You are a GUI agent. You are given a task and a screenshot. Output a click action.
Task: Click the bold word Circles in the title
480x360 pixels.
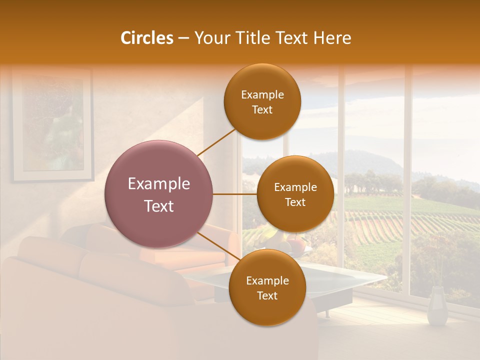coord(147,38)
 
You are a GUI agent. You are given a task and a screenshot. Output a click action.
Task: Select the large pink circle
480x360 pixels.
coord(159,194)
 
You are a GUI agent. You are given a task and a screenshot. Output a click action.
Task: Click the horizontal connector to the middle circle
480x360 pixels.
coord(235,194)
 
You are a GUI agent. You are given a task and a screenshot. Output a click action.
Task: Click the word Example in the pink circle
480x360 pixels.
coord(159,184)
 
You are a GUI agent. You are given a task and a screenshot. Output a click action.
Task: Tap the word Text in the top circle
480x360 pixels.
coord(262,110)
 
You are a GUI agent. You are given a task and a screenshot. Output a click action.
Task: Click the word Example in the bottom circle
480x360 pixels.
coord(267,280)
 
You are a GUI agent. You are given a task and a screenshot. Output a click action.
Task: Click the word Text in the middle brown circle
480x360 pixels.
coord(295,202)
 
